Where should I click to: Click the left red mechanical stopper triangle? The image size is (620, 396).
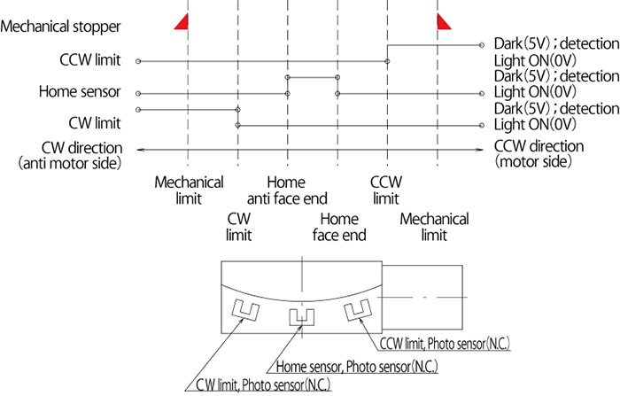click(183, 23)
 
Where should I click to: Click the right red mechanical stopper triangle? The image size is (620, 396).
click(443, 23)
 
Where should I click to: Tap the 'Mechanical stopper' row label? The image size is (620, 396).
click(60, 27)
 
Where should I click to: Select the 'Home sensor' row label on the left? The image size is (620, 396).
click(80, 92)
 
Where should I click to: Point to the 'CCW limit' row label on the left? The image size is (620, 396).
click(90, 60)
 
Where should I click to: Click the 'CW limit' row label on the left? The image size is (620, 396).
click(95, 123)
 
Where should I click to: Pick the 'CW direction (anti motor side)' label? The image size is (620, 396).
click(70, 155)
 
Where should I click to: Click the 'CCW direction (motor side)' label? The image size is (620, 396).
click(539, 154)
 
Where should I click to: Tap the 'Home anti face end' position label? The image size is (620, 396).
click(287, 190)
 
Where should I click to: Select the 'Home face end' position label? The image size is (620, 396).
click(339, 227)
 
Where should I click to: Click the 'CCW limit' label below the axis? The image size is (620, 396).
click(386, 190)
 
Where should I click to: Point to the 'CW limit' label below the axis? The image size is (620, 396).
click(239, 227)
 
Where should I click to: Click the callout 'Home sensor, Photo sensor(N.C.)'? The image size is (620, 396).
click(357, 367)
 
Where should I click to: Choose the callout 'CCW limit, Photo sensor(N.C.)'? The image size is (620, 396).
click(445, 344)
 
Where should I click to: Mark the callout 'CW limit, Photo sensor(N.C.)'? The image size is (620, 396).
click(263, 384)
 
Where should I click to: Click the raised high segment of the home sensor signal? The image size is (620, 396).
click(313, 78)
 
